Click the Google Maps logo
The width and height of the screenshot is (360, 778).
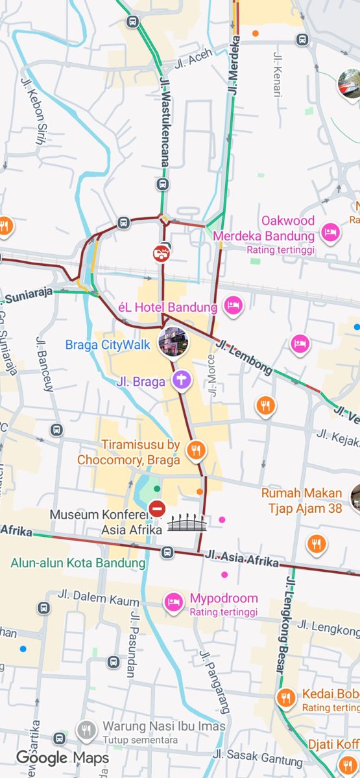tap(62, 757)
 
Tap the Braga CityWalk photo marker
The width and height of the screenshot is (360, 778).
tap(173, 342)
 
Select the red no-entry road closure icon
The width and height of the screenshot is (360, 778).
tap(157, 509)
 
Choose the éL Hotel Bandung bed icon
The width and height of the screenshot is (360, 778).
tap(232, 305)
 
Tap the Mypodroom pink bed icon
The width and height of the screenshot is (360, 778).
tap(173, 602)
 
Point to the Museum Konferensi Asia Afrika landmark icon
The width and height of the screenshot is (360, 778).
tap(187, 523)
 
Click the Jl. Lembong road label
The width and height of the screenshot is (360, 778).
tap(245, 357)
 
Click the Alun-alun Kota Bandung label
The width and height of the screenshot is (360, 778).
tap(78, 563)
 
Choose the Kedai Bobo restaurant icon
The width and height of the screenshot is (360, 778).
tap(285, 699)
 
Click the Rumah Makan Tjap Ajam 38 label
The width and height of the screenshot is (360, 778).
tap(302, 501)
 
